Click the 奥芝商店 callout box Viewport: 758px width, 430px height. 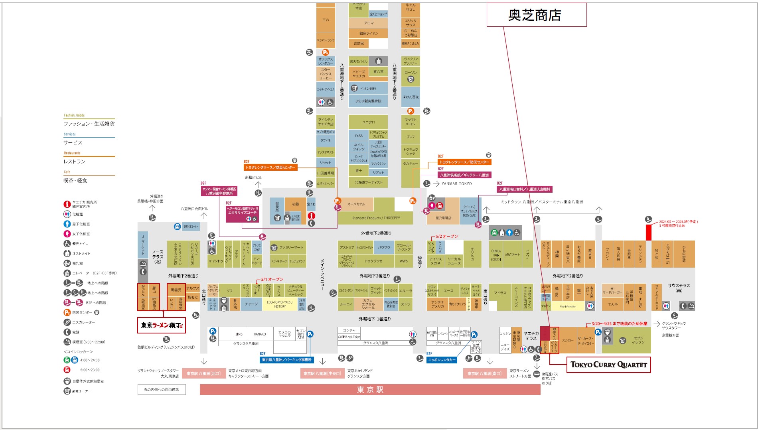coord(536,15)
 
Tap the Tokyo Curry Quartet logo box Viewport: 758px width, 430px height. coord(608,365)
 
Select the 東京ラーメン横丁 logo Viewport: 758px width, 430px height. coord(162,325)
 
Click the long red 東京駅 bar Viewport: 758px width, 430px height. coord(370,389)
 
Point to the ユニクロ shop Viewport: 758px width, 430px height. coord(368,122)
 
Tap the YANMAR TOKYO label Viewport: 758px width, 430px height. coord(456,183)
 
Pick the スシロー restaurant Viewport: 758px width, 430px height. coord(567,340)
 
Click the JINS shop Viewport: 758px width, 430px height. coord(239,334)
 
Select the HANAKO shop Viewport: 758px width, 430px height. coord(260,334)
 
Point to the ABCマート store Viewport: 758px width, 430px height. coord(512,254)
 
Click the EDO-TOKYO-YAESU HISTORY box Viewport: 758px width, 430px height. coord(280,304)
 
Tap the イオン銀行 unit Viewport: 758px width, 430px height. coord(368,89)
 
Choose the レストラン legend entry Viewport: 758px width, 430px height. coord(75,162)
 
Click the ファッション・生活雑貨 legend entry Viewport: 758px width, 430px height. coord(89,124)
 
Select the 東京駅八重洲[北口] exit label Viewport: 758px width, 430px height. coord(203,373)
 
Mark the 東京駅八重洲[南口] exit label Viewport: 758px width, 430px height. coord(484,373)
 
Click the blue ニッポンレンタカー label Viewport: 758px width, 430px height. coord(442,360)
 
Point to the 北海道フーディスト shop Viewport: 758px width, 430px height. coord(368,182)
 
